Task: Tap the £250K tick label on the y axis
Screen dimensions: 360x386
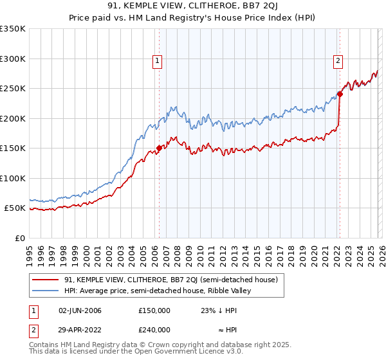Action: coord(12,89)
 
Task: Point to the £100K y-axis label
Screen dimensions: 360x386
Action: coord(12,178)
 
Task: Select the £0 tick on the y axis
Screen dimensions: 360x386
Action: coord(21,238)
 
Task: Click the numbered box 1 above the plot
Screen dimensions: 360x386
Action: coord(158,61)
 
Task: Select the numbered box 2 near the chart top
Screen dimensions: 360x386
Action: coord(338,61)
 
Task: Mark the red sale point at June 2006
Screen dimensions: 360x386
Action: coord(159,148)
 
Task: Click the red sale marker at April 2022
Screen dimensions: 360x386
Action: coord(340,94)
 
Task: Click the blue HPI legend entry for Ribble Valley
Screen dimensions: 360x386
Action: coord(161,291)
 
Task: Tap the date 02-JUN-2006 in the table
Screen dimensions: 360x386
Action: coord(80,310)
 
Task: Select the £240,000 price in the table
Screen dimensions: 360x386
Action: coord(154,328)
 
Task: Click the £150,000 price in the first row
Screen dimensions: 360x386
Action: coord(154,310)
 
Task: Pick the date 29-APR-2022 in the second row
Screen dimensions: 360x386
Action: coord(80,328)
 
